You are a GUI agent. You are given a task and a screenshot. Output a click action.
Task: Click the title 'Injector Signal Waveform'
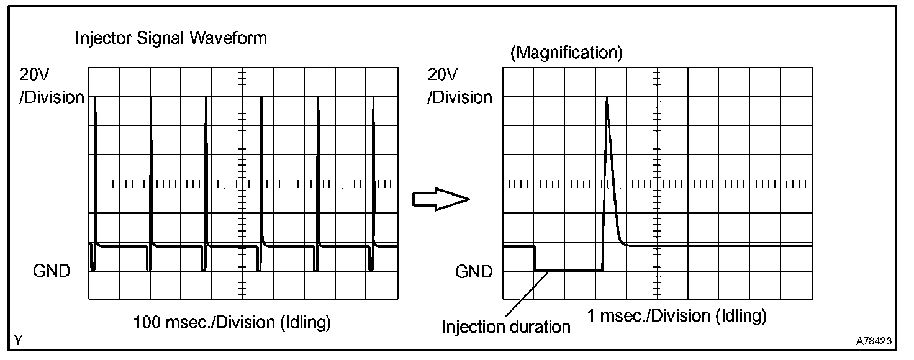tap(171, 38)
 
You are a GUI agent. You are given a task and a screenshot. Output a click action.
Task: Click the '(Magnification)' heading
tap(566, 53)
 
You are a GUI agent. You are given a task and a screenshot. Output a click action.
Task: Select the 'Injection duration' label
tap(505, 326)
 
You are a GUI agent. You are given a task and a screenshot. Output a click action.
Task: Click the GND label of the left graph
tap(52, 271)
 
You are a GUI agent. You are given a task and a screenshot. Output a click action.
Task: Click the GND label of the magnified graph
tap(474, 271)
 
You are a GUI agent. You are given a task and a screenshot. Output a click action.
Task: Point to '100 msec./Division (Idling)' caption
tap(232, 323)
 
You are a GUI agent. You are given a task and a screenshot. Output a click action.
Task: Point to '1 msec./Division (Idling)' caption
tap(677, 316)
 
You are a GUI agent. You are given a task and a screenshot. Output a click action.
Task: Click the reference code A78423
tap(874, 341)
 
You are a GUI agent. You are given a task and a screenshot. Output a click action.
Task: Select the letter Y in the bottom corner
tap(19, 341)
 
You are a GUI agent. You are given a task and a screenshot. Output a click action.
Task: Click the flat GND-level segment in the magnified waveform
tap(568, 271)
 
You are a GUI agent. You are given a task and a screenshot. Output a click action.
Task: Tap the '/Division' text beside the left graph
tap(52, 97)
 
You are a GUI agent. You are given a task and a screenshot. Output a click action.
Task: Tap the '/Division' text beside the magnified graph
tap(460, 97)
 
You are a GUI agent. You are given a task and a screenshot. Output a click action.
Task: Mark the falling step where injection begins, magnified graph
tap(534, 258)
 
